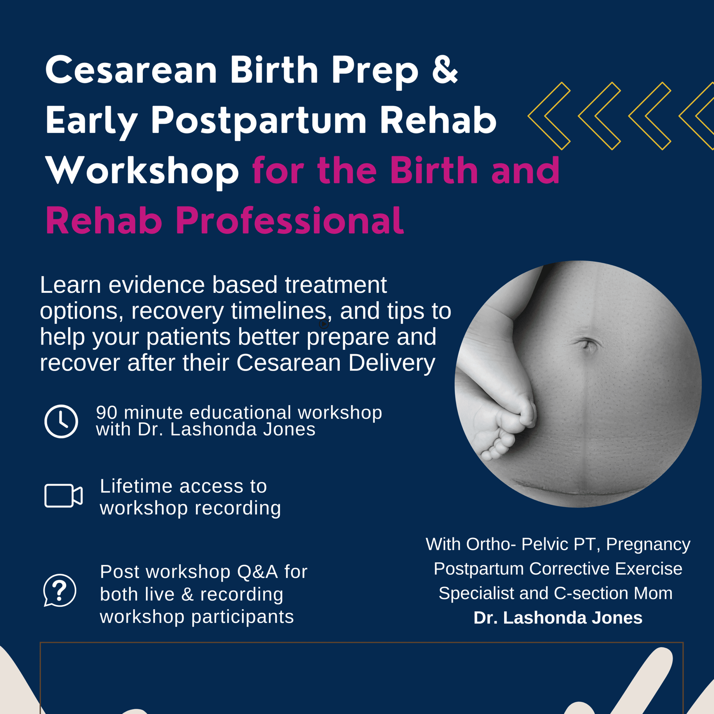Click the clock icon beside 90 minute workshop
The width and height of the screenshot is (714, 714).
point(61,421)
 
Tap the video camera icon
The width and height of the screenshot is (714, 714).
point(63,495)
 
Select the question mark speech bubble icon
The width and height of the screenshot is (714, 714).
point(60,590)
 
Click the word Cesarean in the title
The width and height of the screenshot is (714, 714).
point(131,70)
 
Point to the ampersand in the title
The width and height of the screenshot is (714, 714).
point(445,70)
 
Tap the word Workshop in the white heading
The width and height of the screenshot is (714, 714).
point(142,170)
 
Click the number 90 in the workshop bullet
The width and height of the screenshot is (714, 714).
point(107,413)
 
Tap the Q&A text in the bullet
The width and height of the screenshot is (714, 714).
point(257,572)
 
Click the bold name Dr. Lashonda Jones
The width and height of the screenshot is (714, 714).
point(558,618)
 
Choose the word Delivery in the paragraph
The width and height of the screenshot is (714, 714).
point(391,363)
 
